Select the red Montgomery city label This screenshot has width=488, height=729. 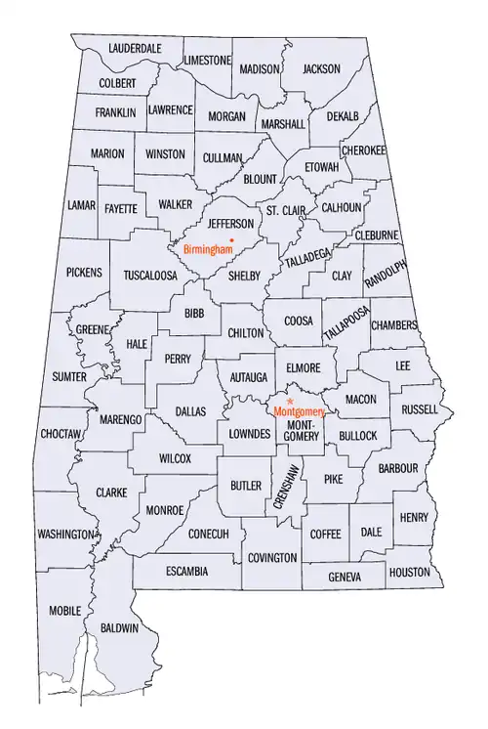299,412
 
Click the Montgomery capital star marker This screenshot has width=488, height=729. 290,401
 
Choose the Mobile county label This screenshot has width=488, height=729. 65,611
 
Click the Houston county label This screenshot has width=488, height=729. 409,572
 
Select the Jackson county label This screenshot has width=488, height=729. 321,69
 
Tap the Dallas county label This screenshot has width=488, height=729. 190,412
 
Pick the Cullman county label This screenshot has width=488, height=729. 223,157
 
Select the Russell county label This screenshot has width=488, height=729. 420,408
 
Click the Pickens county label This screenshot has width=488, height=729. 84,272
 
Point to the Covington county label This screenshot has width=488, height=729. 272,557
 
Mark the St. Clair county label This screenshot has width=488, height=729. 286,211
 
